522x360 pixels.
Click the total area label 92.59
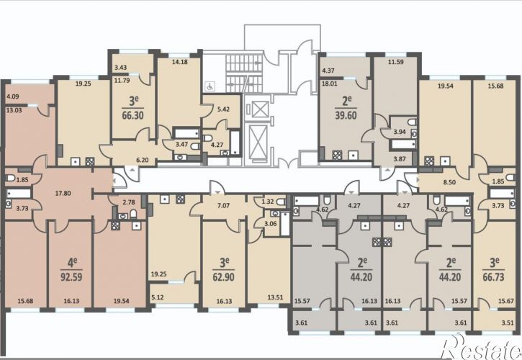71,276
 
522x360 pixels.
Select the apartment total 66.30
132,115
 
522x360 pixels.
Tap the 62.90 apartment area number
223,276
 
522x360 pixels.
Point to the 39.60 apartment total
346,115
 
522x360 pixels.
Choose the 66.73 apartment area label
493,276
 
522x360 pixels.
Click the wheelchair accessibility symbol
210,86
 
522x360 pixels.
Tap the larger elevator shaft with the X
258,140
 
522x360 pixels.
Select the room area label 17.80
63,193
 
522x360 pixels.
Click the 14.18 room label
179,62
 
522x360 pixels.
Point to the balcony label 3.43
120,67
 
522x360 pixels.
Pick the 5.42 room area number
223,109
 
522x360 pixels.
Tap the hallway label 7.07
223,205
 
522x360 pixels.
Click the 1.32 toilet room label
268,202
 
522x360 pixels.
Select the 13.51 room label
275,297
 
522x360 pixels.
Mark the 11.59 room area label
395,62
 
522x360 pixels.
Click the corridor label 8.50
449,182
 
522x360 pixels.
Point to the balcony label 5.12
158,297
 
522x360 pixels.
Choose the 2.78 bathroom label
129,202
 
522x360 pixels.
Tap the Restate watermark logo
481,346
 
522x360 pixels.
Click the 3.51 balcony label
508,323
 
